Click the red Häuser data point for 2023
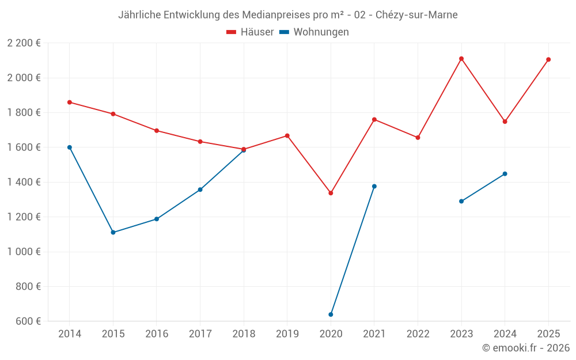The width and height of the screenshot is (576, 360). point(461,59)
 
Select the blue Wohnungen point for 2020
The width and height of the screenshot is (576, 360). point(331,314)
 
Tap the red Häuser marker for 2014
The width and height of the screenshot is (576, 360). point(70,103)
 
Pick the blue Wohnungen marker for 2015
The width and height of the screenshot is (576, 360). point(113,233)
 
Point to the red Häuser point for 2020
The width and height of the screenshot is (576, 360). point(331,193)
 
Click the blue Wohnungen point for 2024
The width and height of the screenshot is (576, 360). point(505,174)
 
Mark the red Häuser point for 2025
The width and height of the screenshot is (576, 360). point(548,59)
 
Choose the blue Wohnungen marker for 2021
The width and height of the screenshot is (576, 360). point(374,187)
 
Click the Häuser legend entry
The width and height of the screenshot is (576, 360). point(250,32)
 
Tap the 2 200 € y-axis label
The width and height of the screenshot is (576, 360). point(24,43)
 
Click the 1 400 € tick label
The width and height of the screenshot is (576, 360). point(24,182)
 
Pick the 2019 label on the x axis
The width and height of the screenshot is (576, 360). point(287,334)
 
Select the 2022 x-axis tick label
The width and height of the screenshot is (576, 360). point(418,334)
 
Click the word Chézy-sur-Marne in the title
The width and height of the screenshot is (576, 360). point(416,15)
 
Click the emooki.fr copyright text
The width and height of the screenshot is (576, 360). point(526,348)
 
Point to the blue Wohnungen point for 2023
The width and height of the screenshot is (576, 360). point(461,201)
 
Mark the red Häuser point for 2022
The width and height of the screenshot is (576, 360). point(418,138)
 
